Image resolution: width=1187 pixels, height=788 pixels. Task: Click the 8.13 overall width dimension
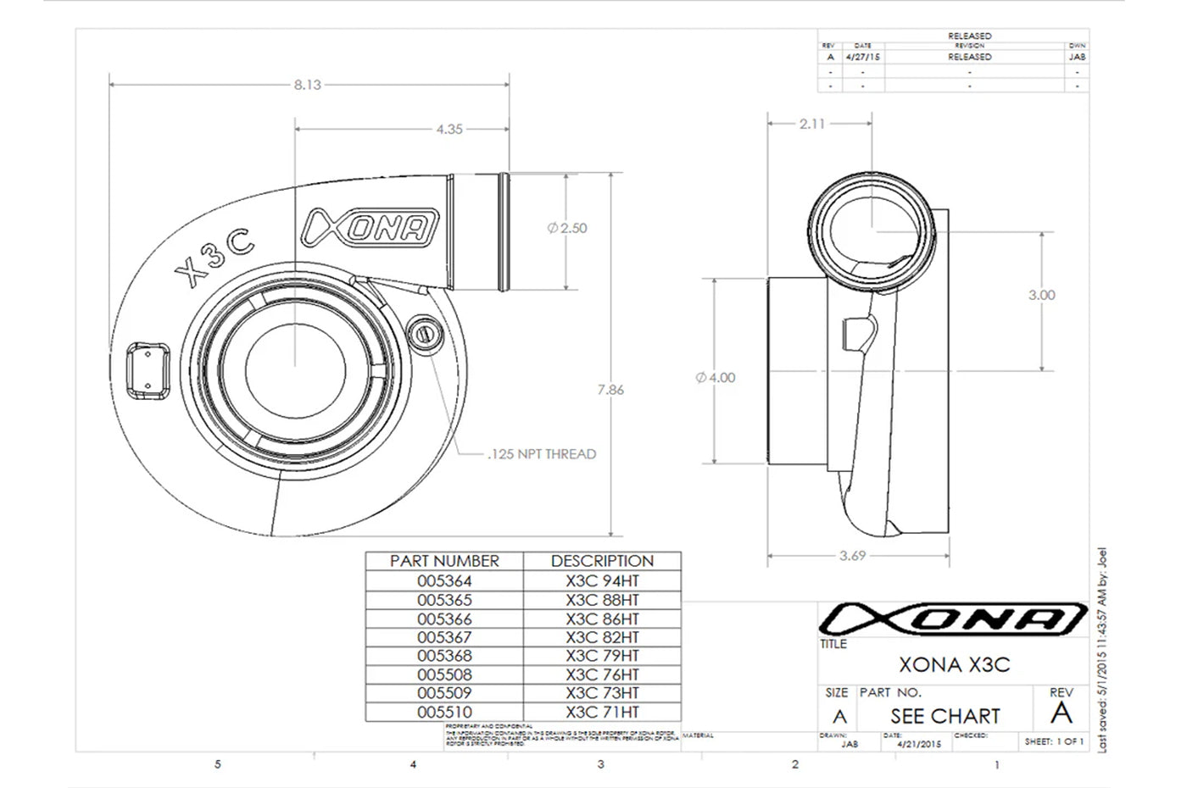coord(307,85)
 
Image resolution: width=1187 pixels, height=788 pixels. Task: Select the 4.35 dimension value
coord(449,130)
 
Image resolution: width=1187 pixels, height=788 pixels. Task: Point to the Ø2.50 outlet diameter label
coord(567,228)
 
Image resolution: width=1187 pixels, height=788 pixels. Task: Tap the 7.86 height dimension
coord(610,390)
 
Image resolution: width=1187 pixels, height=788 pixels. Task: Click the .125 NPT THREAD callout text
coord(542,454)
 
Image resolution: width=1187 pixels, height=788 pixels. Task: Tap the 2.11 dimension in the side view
coord(812,124)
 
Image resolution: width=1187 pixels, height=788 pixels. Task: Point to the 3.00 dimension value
coord(1041,295)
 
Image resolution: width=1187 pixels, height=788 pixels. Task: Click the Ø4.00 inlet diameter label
coord(716,378)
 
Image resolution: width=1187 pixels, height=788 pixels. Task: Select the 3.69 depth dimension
coord(852,556)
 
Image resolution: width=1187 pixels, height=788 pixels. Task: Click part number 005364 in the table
coord(444,581)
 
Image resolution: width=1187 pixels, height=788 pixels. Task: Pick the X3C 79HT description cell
coord(602,656)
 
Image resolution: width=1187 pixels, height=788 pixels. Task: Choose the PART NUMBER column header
coord(444,561)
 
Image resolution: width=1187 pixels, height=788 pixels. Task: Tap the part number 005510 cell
coord(444,713)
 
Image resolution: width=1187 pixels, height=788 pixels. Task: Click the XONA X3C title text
coord(954,665)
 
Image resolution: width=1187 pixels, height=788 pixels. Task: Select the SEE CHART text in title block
coord(945,716)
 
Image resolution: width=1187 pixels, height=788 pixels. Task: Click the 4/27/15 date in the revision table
coord(863,57)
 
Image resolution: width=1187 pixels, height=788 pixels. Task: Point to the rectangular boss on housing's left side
coord(148,370)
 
